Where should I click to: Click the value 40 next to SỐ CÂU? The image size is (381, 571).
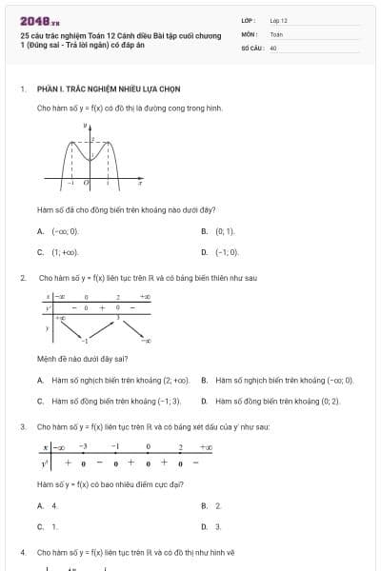(273, 47)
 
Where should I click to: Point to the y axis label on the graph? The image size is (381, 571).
(85, 126)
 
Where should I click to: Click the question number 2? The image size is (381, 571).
(22, 278)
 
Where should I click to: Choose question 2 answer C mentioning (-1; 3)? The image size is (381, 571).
(115, 402)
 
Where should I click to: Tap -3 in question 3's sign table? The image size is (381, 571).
(83, 446)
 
